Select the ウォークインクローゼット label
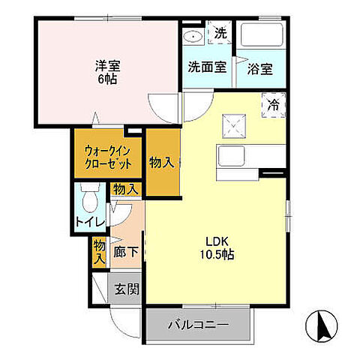pyautogui.click(x=108, y=157)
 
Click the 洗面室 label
pyautogui.click(x=206, y=67)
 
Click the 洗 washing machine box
pyautogui.click(x=220, y=33)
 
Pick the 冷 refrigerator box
pyautogui.click(x=274, y=105)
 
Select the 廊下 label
pyautogui.click(x=126, y=251)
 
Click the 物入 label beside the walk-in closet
pyautogui.click(x=163, y=162)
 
